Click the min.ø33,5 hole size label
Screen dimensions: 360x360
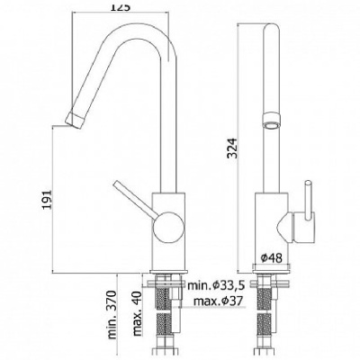220,286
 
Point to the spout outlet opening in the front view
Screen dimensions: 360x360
271,116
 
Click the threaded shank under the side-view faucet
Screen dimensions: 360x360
164,297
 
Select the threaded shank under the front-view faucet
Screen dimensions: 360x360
271,297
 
